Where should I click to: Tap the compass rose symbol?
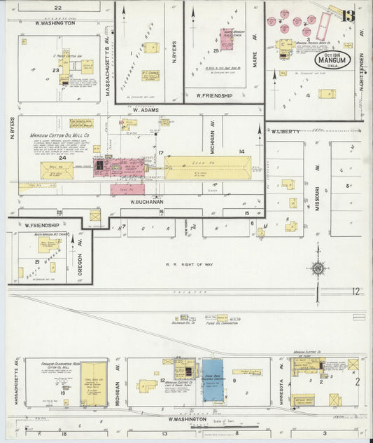[x=318, y=268]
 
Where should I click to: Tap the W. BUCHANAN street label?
[x=146, y=201]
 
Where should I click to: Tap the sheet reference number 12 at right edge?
[x=356, y=291]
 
